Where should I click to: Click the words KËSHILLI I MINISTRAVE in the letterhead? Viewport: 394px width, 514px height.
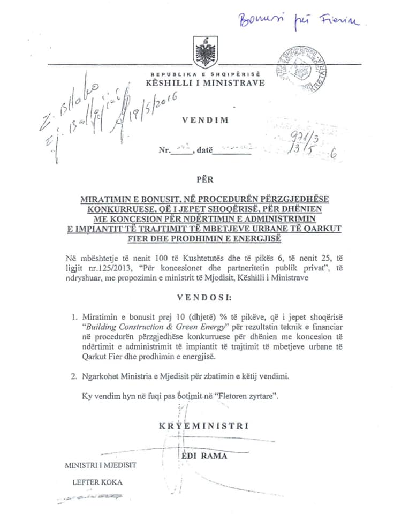click(x=198, y=82)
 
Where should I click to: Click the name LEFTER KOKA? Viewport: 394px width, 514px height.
click(x=97, y=481)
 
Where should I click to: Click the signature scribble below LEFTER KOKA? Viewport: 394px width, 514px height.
click(x=91, y=497)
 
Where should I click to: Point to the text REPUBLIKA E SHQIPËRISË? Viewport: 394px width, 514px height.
click(x=198, y=74)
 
